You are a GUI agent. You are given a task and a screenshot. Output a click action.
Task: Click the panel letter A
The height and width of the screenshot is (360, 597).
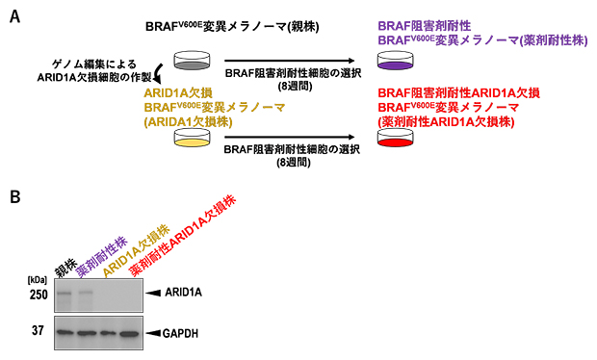tap(13, 18)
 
